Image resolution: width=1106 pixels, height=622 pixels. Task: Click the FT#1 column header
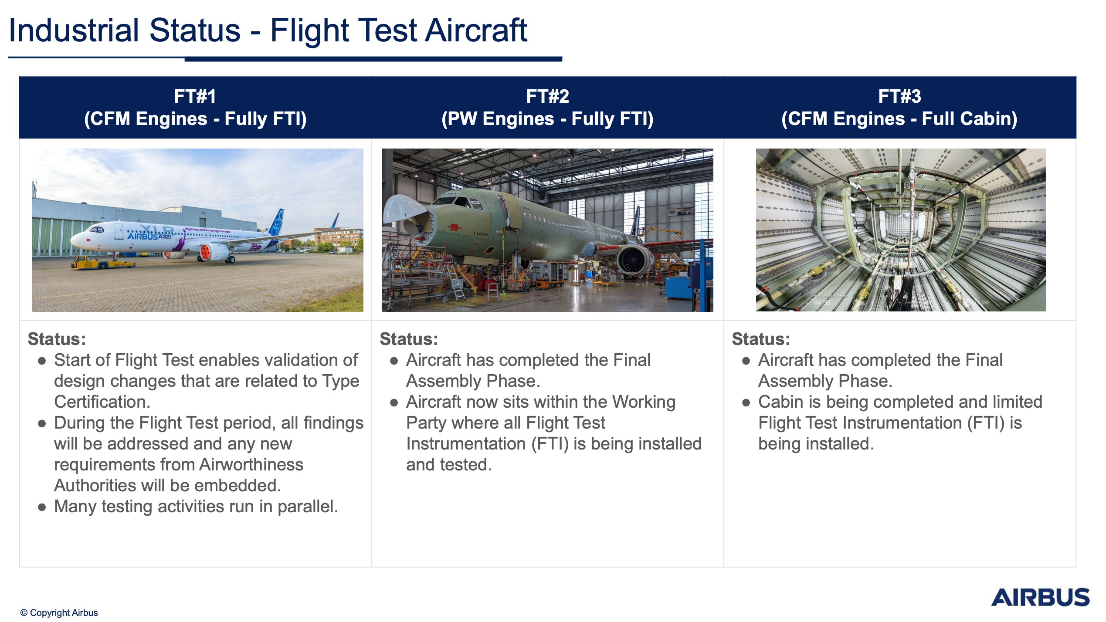click(x=195, y=97)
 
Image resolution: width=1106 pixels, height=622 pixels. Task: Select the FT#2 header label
click(x=547, y=97)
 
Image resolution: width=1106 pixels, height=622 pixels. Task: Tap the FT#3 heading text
click(x=899, y=97)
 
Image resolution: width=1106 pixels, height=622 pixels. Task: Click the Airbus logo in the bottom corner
click(x=1040, y=597)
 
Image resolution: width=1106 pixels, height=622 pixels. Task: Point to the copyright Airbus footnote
click(x=59, y=613)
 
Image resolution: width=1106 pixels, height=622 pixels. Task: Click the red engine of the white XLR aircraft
click(x=205, y=252)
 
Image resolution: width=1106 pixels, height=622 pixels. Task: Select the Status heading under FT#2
click(x=409, y=339)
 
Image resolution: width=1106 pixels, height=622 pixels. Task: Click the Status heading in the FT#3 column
click(x=761, y=339)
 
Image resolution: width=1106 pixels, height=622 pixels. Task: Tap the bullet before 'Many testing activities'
click(x=42, y=507)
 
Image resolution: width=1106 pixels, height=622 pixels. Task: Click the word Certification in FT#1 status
click(x=102, y=402)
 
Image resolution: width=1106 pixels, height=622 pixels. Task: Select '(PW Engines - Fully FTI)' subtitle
click(x=547, y=119)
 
